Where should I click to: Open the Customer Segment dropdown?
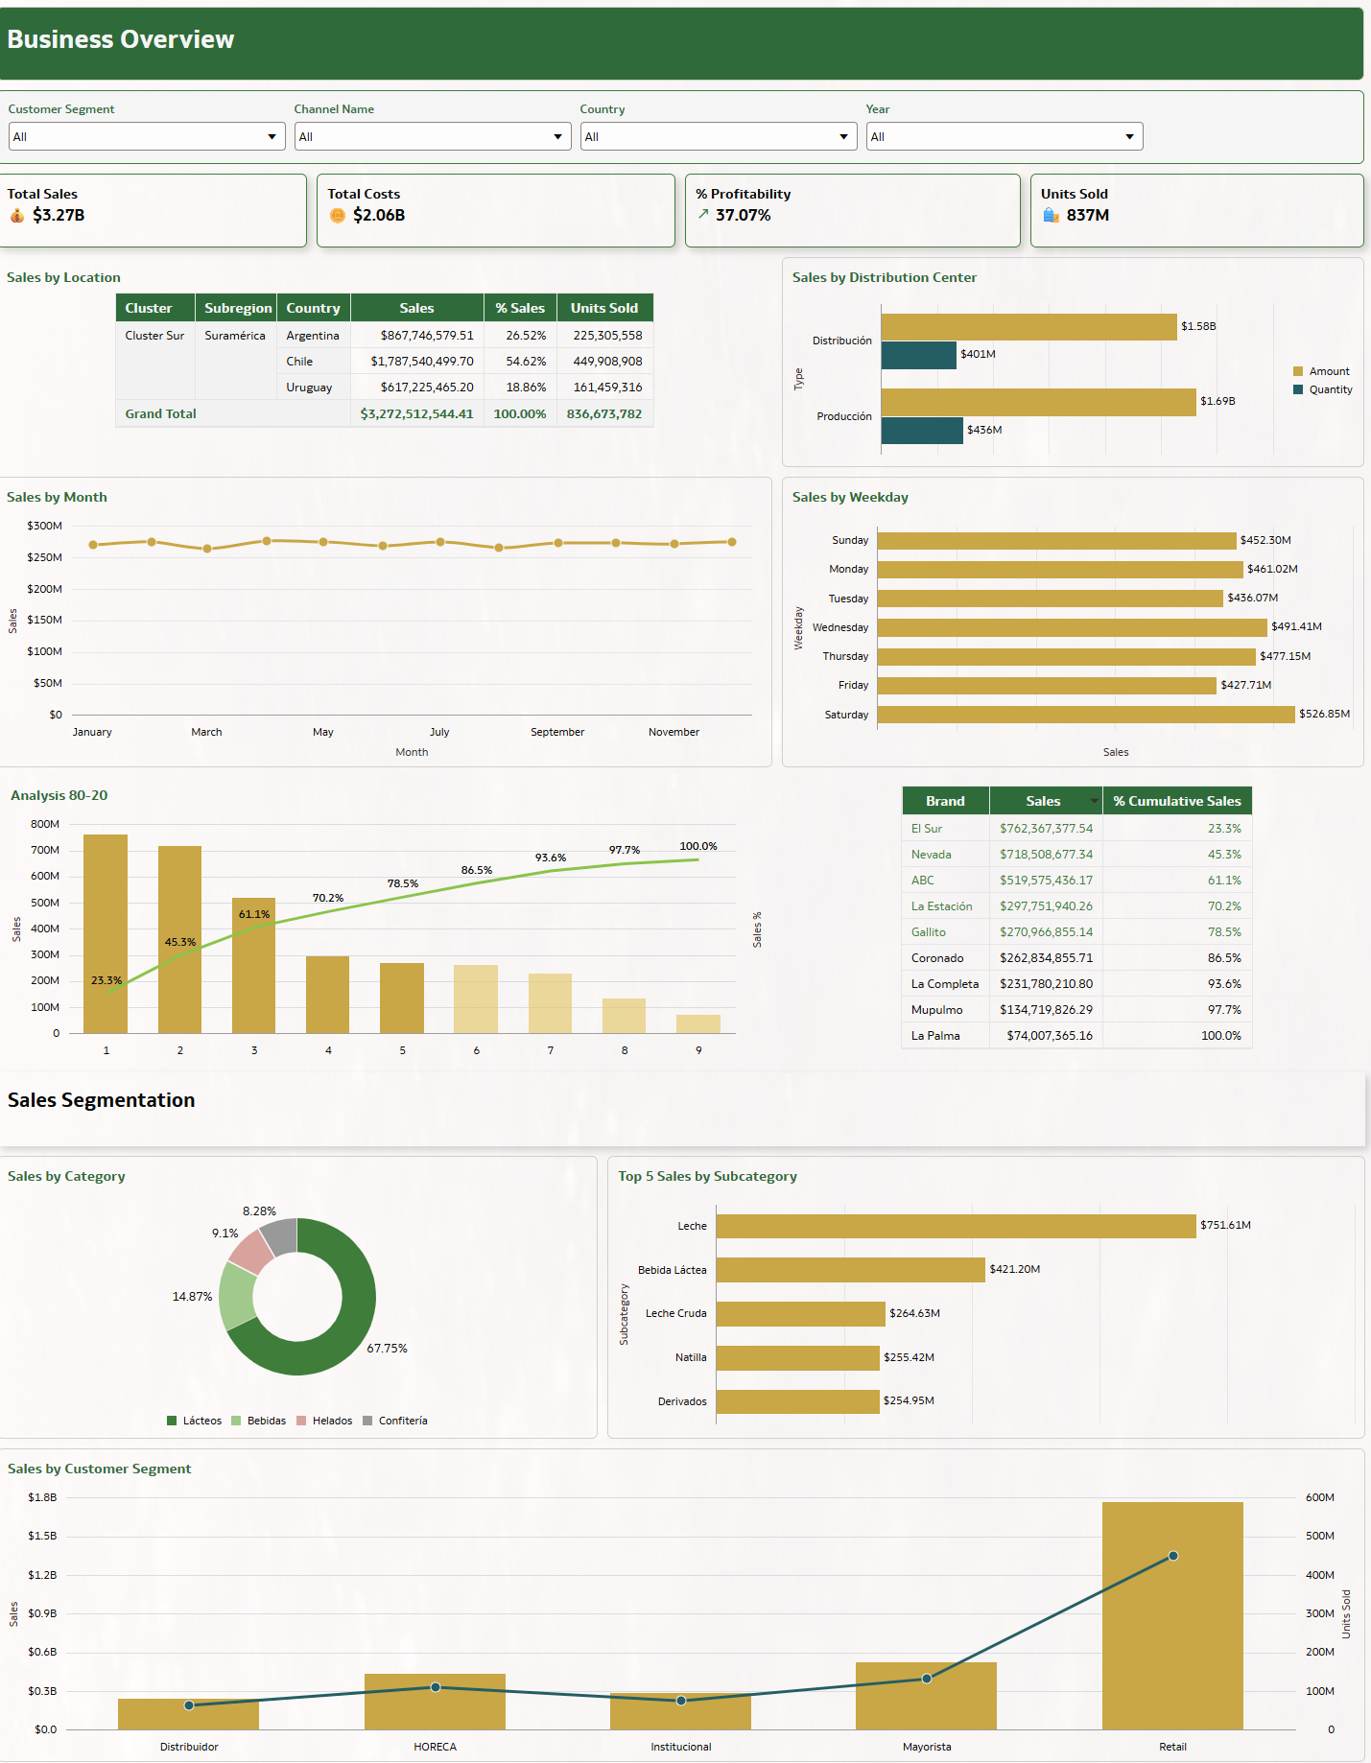(x=147, y=136)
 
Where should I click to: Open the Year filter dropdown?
(x=1004, y=136)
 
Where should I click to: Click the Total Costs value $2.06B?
(x=378, y=215)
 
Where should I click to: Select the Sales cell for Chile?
(x=421, y=362)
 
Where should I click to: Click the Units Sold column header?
(x=603, y=308)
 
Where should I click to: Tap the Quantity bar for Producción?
(x=921, y=431)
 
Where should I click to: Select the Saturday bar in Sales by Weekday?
(x=1085, y=715)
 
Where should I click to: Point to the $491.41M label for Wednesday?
(x=1296, y=627)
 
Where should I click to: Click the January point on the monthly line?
(x=93, y=545)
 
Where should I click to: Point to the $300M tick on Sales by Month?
(x=44, y=526)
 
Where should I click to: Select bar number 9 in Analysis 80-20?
(x=698, y=1023)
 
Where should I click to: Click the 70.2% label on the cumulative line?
(x=327, y=899)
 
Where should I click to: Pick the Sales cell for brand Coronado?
(x=1046, y=958)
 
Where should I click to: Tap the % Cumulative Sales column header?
(x=1176, y=801)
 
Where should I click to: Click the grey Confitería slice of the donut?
(x=280, y=1236)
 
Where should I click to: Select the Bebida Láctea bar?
(x=850, y=1270)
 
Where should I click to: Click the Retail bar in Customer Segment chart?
(x=1172, y=1631)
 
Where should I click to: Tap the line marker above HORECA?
(x=436, y=1687)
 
